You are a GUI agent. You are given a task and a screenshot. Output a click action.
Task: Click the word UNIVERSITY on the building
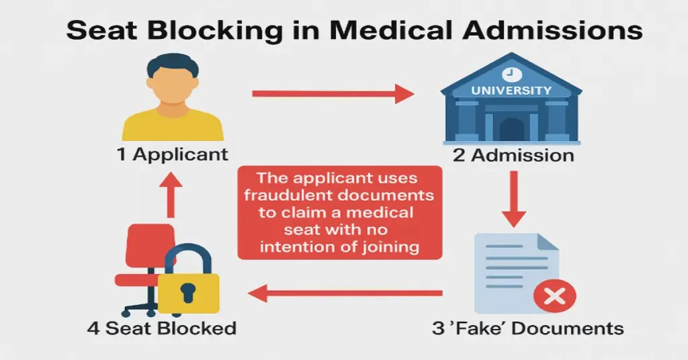point(511,90)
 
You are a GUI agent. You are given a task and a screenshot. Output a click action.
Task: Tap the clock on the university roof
point(511,72)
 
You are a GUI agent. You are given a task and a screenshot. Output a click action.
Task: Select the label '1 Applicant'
point(172,154)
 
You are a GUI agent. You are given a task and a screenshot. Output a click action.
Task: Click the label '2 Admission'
point(513,155)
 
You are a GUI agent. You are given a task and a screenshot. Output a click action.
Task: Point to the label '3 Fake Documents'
point(527,328)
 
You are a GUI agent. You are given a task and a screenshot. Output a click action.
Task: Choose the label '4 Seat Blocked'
point(161,328)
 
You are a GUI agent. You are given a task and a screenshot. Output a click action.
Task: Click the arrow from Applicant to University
point(332,93)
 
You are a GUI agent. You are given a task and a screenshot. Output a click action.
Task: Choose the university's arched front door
point(511,129)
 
